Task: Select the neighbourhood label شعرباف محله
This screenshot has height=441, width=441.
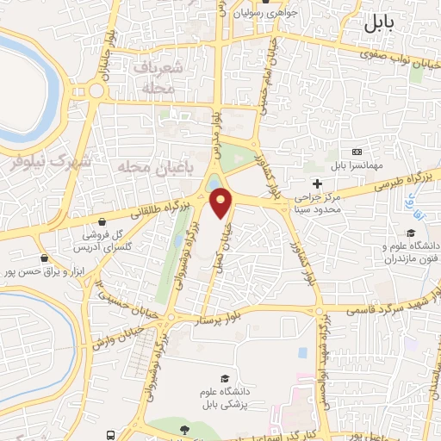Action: click(x=156, y=77)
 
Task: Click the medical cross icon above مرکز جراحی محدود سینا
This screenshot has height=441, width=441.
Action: click(x=317, y=183)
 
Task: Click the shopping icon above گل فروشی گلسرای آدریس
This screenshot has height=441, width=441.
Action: click(x=102, y=221)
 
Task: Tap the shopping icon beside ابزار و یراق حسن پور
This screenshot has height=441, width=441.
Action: click(x=44, y=258)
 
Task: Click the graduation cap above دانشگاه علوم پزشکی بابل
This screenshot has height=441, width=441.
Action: click(x=225, y=379)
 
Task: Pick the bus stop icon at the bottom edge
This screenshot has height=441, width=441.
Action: click(x=110, y=436)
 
